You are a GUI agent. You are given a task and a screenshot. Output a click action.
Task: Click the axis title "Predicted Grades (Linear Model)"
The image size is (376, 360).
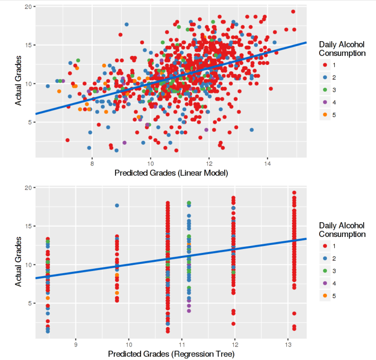click(x=171, y=173)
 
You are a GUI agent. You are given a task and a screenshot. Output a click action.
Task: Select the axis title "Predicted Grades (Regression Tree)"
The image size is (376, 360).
click(x=171, y=354)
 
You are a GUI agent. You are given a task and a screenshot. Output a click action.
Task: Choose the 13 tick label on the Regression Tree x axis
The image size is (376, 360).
click(x=287, y=344)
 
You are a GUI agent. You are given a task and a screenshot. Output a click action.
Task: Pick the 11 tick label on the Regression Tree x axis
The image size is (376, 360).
click(x=182, y=344)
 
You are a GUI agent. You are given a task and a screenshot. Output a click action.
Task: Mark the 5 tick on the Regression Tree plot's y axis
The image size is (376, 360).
click(x=30, y=303)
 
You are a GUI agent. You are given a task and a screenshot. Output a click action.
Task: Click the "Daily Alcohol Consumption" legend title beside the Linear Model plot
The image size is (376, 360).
click(x=342, y=49)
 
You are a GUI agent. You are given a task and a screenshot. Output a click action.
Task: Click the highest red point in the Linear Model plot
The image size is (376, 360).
click(x=293, y=11)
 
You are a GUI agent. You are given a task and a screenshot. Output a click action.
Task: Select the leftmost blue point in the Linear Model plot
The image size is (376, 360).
click(x=48, y=86)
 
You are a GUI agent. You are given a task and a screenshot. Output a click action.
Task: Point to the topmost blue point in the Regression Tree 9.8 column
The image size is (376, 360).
click(x=117, y=205)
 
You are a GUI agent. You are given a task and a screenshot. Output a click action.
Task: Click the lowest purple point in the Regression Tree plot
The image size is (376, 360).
click(x=189, y=311)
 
